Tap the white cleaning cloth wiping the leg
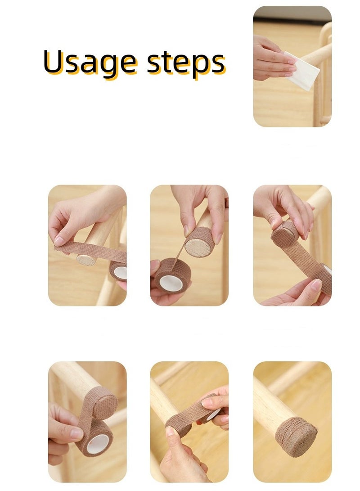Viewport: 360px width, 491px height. pos(302,71)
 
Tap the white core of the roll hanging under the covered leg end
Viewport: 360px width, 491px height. pos(98,444)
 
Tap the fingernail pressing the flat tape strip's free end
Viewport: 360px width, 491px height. pos(59,241)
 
